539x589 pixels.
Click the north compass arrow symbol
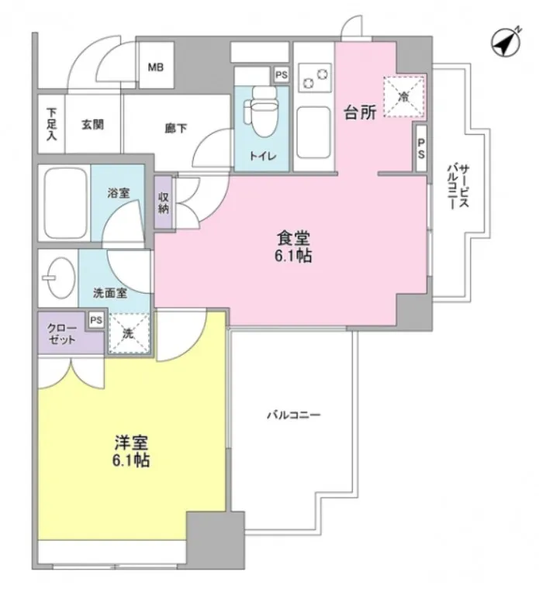(x=506, y=42)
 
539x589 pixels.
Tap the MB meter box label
(x=156, y=67)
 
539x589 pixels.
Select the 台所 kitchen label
(x=360, y=112)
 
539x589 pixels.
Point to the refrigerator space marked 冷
(x=404, y=97)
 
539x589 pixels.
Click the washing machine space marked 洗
(x=129, y=333)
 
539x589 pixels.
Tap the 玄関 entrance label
(x=93, y=125)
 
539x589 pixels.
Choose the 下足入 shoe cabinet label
(x=51, y=124)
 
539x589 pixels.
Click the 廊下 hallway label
(x=175, y=129)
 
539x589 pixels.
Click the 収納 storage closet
(x=164, y=203)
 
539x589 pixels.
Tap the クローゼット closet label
(x=62, y=334)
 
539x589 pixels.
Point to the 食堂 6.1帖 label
(x=293, y=246)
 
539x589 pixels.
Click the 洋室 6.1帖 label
(x=131, y=451)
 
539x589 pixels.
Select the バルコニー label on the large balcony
(x=294, y=415)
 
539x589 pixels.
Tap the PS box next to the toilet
(x=282, y=75)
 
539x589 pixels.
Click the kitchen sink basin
(x=313, y=133)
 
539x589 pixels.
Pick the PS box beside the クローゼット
(x=96, y=320)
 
